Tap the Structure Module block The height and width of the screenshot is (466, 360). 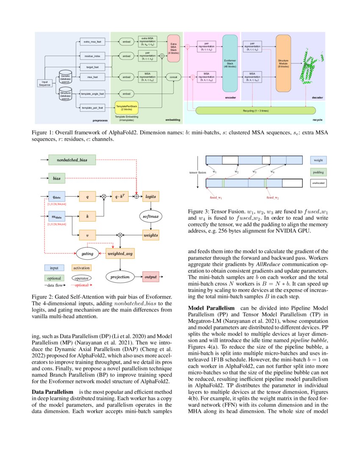tap(283, 64)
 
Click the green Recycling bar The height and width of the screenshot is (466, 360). tap(256, 111)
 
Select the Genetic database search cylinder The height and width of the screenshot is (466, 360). tap(66, 77)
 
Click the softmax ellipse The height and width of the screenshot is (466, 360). tap(150, 216)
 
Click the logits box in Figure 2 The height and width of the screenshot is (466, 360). tap(150, 197)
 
